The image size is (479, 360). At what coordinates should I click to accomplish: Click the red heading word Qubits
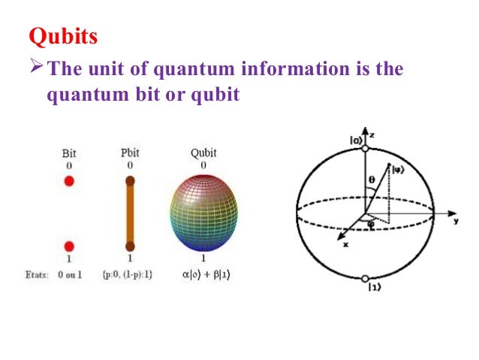(63, 36)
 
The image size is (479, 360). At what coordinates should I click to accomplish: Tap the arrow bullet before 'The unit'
(35, 70)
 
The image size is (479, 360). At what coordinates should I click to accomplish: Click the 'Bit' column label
(68, 153)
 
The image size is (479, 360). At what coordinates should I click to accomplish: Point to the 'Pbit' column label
(130, 153)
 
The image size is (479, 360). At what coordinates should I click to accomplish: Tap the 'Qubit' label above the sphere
(203, 153)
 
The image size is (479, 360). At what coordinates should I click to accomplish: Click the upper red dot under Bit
(69, 181)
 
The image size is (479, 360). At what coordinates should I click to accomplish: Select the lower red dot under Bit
(69, 246)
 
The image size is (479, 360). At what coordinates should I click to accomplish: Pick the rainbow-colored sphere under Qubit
(203, 213)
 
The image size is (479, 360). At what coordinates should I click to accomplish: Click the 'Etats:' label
(35, 275)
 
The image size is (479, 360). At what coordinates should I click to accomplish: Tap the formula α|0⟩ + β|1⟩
(204, 275)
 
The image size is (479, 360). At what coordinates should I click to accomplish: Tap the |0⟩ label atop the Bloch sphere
(356, 139)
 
